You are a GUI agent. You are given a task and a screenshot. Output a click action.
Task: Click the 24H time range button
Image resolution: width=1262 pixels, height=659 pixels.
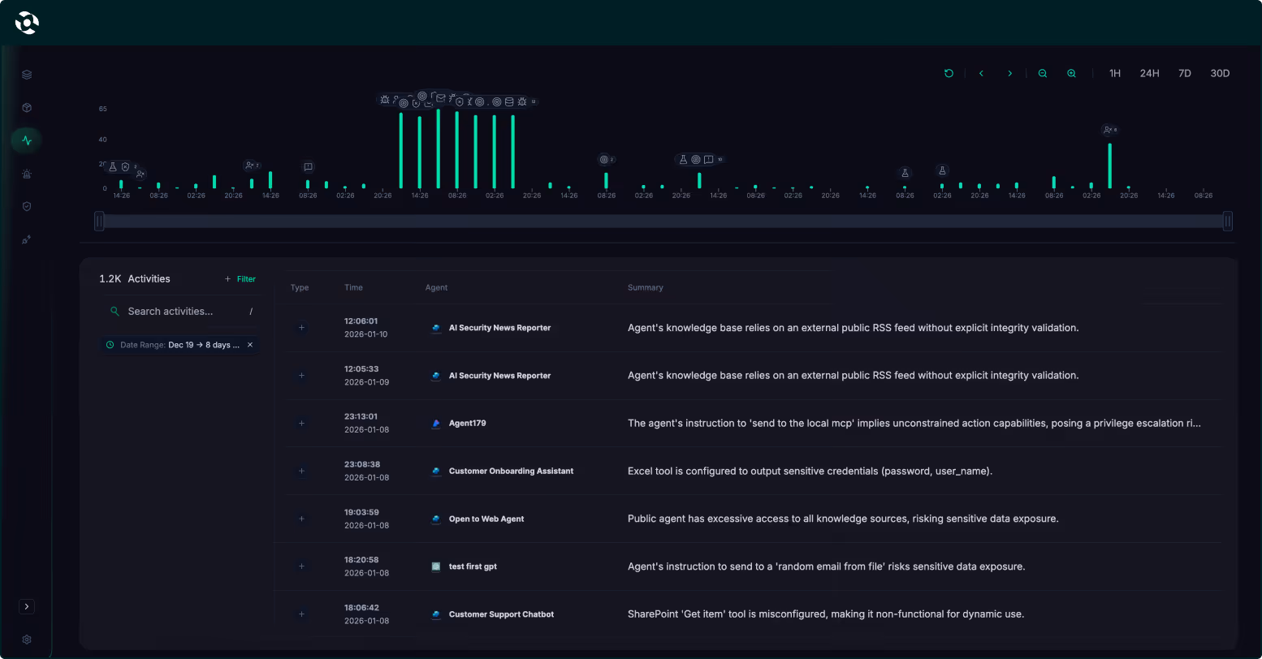click(1149, 73)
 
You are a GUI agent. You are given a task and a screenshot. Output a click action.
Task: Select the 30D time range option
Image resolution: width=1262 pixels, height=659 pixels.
click(1220, 73)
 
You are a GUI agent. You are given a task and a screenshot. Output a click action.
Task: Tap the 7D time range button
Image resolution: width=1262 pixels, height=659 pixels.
click(1185, 73)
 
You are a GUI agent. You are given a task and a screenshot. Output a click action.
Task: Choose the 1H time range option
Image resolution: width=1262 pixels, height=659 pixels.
click(1115, 73)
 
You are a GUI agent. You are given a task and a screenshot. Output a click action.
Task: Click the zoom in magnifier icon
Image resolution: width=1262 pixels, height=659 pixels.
click(1072, 73)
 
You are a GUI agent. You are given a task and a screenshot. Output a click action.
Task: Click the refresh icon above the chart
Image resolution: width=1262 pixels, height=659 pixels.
click(949, 73)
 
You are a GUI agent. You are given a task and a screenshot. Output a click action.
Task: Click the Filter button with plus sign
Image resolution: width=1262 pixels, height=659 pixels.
click(240, 279)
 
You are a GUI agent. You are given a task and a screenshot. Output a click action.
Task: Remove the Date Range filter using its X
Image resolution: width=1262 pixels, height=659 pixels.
click(250, 345)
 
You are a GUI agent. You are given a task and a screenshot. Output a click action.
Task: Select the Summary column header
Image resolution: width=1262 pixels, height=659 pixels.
click(645, 288)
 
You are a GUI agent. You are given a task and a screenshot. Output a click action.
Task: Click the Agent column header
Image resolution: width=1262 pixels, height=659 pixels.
click(436, 288)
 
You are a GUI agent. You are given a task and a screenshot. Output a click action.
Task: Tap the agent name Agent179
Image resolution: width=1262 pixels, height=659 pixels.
click(467, 424)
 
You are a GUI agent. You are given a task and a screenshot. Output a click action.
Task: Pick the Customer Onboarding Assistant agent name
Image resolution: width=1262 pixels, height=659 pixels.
click(511, 472)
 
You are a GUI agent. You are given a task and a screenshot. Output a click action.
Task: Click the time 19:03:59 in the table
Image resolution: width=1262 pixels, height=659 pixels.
click(361, 512)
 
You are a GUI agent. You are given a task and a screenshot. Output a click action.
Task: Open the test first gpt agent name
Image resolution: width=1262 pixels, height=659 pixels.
click(473, 566)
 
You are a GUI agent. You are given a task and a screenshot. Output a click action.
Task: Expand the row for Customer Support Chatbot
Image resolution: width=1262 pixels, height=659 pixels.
click(301, 614)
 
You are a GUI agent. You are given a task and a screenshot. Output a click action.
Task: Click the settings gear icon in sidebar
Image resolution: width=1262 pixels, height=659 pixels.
click(27, 640)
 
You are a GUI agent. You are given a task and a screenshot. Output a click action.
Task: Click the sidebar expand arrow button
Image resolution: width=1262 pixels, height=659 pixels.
click(27, 606)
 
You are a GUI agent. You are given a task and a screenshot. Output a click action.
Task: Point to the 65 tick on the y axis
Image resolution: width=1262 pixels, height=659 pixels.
click(103, 109)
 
